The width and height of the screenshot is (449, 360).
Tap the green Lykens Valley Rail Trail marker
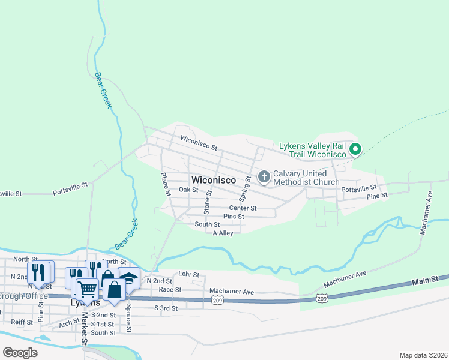tap(355, 149)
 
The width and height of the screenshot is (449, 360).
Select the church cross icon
tap(264, 176)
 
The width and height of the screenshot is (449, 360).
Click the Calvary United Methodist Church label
tap(306, 178)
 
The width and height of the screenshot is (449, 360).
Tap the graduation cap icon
tap(129, 278)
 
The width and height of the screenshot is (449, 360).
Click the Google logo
tap(20, 352)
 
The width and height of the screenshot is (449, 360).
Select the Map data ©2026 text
tap(423, 355)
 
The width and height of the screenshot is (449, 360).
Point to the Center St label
tap(243, 208)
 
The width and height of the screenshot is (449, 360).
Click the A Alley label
tap(223, 233)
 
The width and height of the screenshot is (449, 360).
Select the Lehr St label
tap(188, 274)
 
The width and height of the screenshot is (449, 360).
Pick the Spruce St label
tap(128, 322)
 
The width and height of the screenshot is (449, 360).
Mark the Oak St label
tap(188, 190)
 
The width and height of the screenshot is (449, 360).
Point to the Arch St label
tap(68, 323)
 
